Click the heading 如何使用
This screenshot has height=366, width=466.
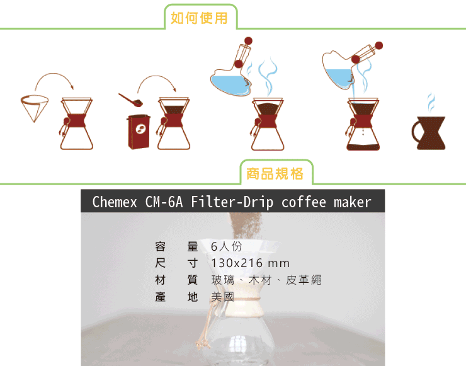(x=199, y=18)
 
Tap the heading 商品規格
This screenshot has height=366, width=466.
(x=275, y=174)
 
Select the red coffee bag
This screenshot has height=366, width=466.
(x=139, y=132)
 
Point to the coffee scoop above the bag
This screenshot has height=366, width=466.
(x=131, y=100)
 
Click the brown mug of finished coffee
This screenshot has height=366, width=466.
(x=429, y=133)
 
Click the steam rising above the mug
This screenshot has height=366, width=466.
(x=431, y=102)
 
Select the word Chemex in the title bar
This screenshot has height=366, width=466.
(x=115, y=202)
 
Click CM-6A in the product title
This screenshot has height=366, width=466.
(x=164, y=202)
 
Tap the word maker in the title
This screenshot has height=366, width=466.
(x=353, y=202)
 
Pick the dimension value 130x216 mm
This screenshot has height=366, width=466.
(x=250, y=263)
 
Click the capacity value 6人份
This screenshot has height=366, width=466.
(x=226, y=246)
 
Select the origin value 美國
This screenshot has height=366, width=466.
(x=222, y=297)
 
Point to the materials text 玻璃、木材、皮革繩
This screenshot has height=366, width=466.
(x=266, y=280)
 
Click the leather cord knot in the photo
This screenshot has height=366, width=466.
(x=203, y=345)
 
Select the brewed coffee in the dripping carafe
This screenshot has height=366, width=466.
(x=363, y=147)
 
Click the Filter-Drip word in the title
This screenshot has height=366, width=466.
(x=232, y=202)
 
